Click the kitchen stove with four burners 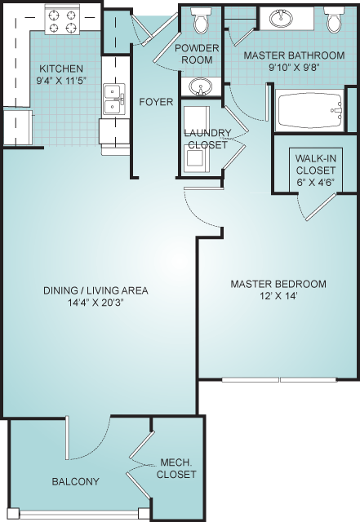pos(62,20)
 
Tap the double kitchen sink pos(113,100)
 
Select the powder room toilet pos(201,20)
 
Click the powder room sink pos(200,87)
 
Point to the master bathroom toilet pos(334,20)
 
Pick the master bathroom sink pos(281,18)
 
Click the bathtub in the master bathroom pos(309,110)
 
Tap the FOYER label pos(156,101)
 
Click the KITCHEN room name pos(61,69)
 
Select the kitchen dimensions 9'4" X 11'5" pos(62,80)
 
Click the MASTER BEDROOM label pos(278,284)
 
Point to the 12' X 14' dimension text pos(278,295)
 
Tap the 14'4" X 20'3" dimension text pos(96,303)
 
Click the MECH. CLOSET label pos(176,468)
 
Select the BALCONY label pos(76,481)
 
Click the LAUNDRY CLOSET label pos(207,139)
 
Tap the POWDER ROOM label pos(197,54)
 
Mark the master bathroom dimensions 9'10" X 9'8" pos(295,67)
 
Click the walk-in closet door pos(320,206)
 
